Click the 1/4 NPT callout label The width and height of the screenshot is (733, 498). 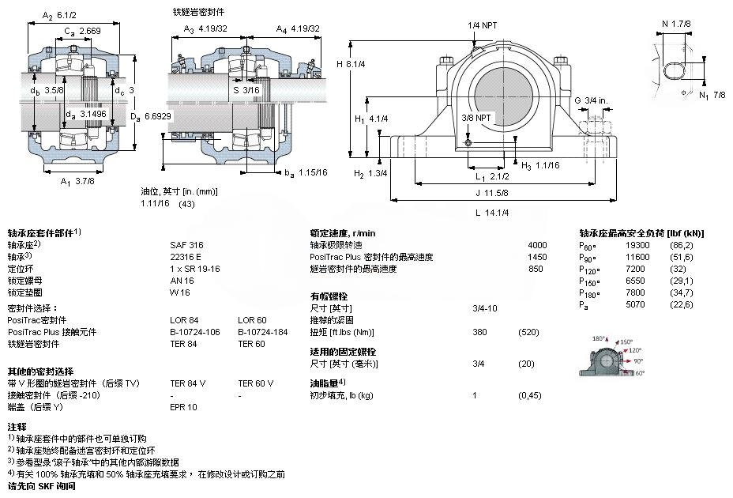(x=482, y=25)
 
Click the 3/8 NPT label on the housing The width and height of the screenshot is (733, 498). (x=477, y=118)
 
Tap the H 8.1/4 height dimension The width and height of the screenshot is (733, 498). (x=351, y=63)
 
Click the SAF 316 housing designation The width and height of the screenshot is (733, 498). (x=184, y=245)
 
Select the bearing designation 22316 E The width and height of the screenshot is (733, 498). (x=186, y=257)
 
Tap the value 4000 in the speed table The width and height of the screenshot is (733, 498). (x=537, y=245)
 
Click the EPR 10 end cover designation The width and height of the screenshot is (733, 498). (x=183, y=407)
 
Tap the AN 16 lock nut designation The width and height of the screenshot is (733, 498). (x=181, y=281)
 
